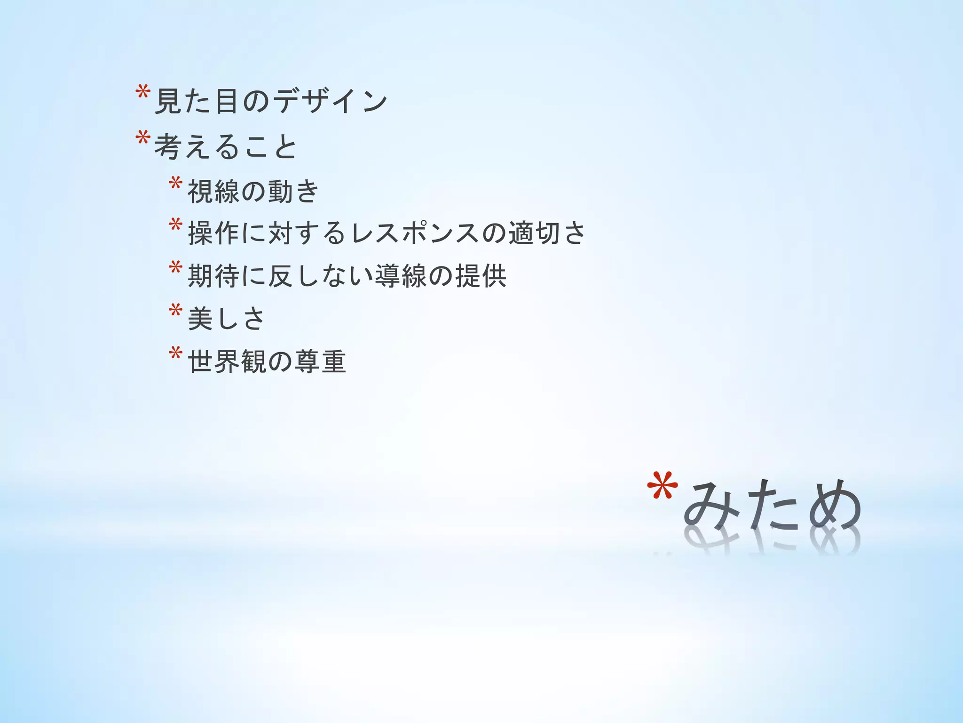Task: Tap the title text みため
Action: coord(772,506)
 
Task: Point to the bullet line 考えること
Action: coord(225,146)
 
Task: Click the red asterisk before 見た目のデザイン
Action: coord(142,92)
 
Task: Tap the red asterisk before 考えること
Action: coord(142,137)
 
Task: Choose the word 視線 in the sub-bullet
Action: coord(213,192)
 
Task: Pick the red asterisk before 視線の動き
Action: coord(175,183)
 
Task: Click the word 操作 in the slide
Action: coord(213,233)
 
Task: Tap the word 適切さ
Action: coord(547,233)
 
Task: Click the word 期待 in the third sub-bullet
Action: coord(213,276)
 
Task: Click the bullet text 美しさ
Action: coord(226,319)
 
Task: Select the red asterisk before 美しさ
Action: coord(175,310)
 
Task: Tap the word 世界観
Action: coord(227,361)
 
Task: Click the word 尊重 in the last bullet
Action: coord(320,361)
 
